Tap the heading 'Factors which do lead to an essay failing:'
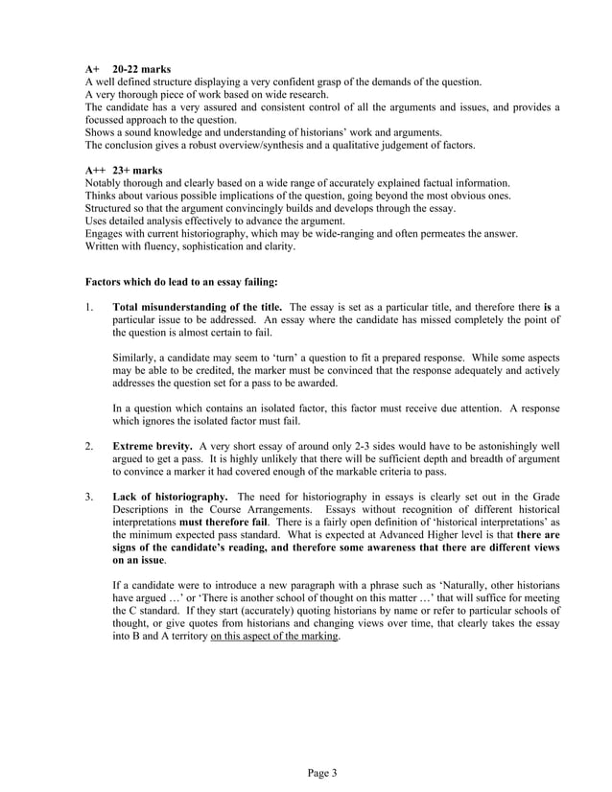coord(182,282)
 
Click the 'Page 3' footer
coord(306,772)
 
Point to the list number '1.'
coord(89,307)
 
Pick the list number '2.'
coord(89,446)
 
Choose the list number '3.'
coord(89,496)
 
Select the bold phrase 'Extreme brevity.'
coord(152,446)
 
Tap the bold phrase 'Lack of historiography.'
coord(170,496)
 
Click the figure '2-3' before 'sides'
coord(326,446)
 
